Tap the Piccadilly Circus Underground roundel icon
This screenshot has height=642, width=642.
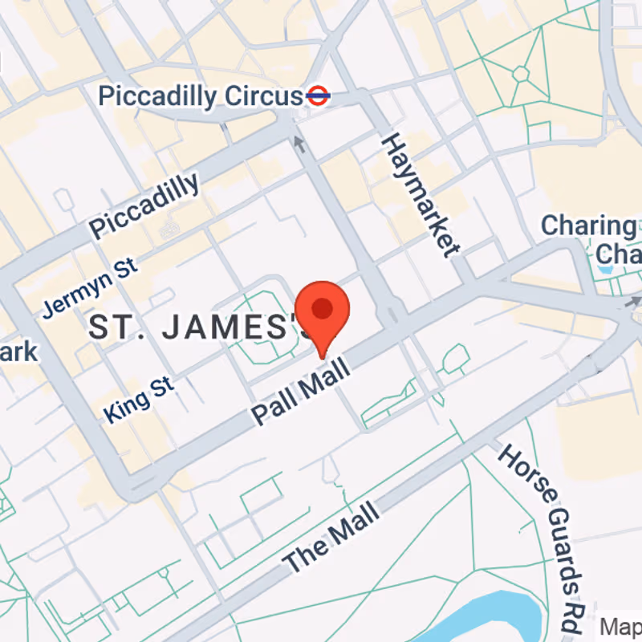pos(318,96)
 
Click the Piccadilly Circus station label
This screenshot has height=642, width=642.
pos(201,97)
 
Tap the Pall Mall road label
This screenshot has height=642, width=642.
pos(301,392)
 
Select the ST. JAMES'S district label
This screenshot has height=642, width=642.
pos(201,327)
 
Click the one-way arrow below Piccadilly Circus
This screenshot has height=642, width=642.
pos(300,144)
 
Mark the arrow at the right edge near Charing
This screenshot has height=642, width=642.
pos(634,302)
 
